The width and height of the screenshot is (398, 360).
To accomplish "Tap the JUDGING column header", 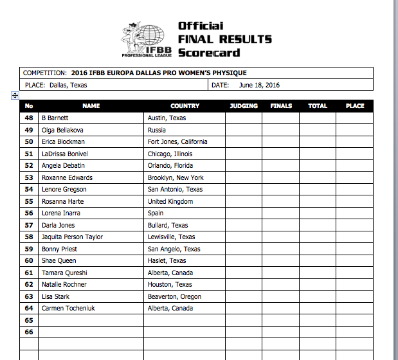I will tap(243, 106).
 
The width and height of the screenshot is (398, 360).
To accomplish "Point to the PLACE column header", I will tap(354, 106).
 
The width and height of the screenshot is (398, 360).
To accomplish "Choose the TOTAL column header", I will tap(318, 106).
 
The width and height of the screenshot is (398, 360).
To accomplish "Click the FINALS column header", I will tap(281, 106).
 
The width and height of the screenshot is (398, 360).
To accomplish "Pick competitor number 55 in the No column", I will tap(29, 201).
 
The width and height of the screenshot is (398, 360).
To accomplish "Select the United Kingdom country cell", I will tap(170, 201).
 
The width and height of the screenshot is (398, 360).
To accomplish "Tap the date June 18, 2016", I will tap(259, 85).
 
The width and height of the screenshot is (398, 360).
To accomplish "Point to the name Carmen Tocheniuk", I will tap(68, 308).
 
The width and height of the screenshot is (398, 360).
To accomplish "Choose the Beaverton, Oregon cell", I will tap(174, 296).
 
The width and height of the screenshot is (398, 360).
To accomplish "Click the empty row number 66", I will tap(29, 332).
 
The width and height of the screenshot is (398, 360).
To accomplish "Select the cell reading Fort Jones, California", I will tap(177, 142).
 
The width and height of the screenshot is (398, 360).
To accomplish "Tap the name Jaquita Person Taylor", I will tap(72, 237).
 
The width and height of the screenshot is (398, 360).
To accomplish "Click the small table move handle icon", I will tap(15, 95).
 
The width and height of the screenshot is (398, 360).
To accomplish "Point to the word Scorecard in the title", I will tap(209, 52).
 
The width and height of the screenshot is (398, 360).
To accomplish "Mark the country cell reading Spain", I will tap(156, 213).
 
